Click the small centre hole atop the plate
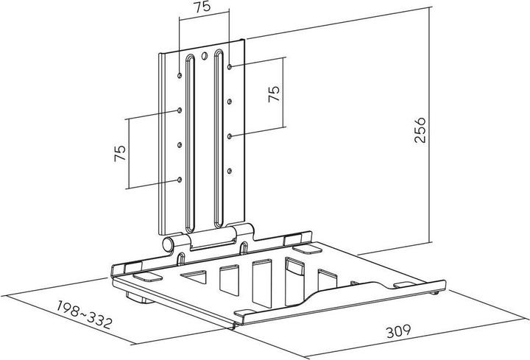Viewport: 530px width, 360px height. (x=205, y=56)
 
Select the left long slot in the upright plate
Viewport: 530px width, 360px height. (x=190, y=140)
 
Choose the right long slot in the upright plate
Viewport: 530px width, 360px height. (x=219, y=140)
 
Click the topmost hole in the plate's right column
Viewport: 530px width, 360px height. (x=230, y=66)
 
